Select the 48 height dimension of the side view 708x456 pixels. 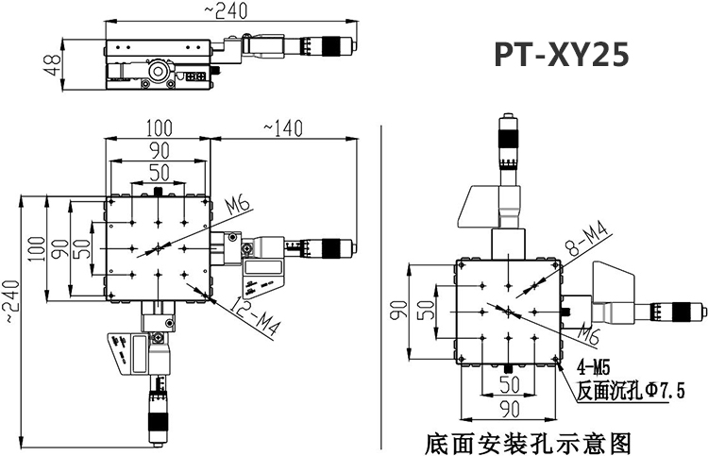click(x=52, y=64)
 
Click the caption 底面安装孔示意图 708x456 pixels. click(x=527, y=441)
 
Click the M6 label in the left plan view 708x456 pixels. click(x=237, y=205)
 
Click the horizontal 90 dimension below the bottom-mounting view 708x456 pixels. click(x=510, y=407)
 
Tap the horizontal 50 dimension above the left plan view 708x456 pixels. click(x=157, y=171)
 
